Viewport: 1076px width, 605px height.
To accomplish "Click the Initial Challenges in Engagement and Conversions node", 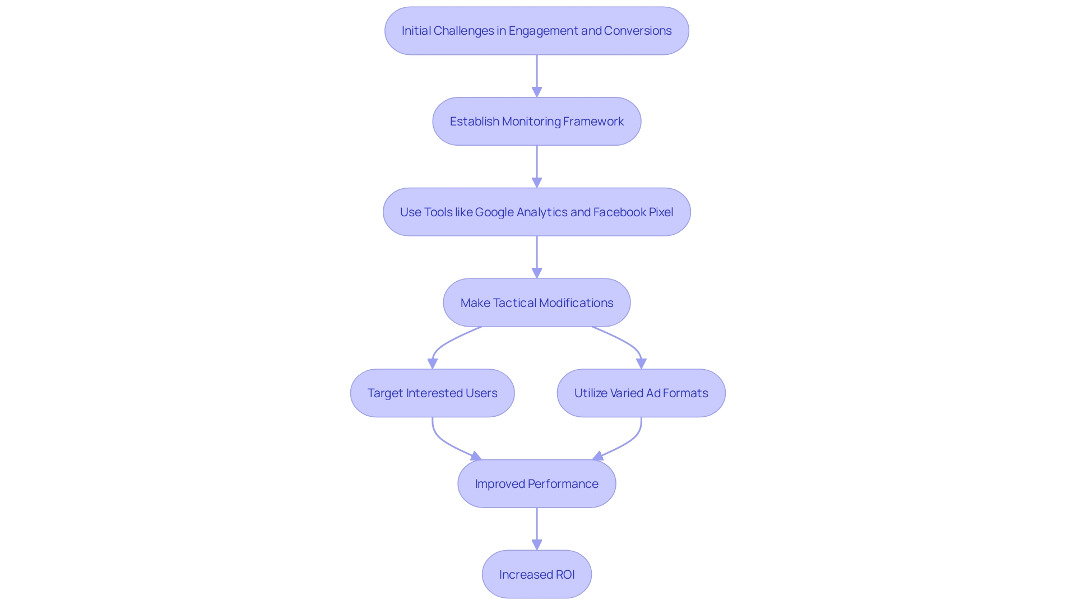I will coord(536,31).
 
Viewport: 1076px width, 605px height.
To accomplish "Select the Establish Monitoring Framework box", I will coord(536,122).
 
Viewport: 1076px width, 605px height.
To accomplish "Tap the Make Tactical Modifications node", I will coord(536,302).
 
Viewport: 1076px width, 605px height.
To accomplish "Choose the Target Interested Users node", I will coord(432,393).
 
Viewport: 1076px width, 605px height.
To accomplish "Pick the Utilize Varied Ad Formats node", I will coord(641,393).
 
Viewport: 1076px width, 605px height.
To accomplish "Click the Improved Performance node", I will coord(536,484).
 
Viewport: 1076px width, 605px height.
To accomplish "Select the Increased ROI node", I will coord(536,575).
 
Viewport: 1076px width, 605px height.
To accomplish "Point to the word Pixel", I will coord(661,212).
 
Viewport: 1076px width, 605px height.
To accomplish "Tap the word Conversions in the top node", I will coord(638,31).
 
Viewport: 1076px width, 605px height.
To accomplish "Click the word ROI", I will coord(565,575).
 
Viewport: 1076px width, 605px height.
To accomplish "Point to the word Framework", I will coord(593,122).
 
